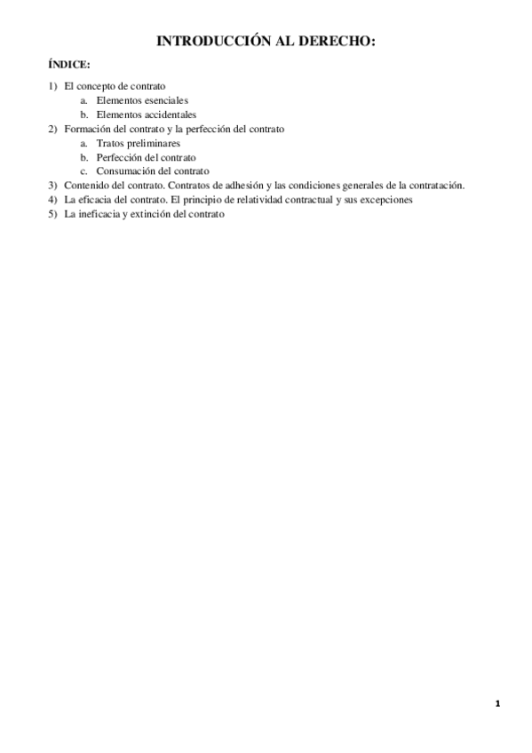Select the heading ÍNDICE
click(68, 66)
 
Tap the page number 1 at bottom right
click(498, 704)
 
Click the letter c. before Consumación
click(83, 171)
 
